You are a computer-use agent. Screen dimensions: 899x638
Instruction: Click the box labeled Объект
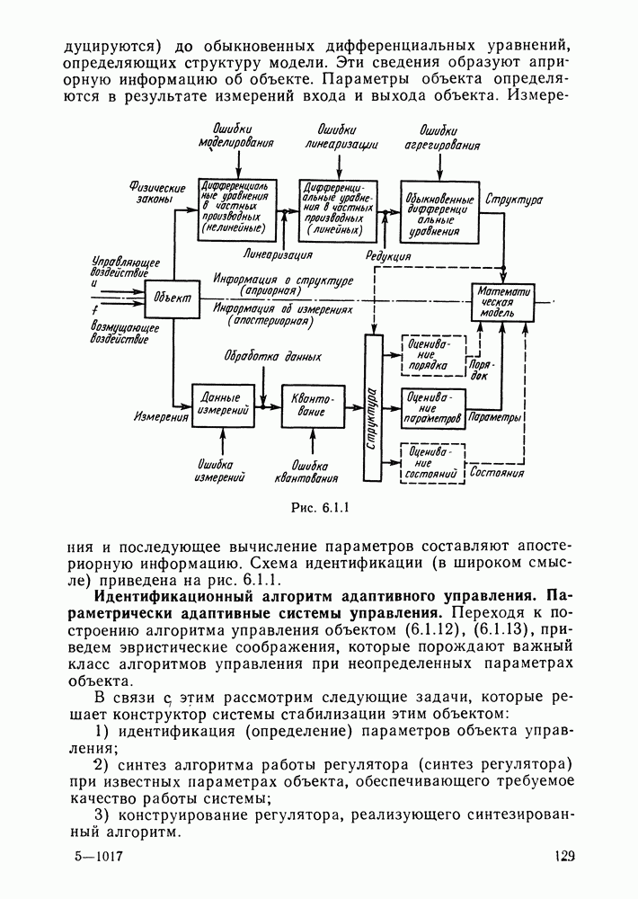[x=171, y=298]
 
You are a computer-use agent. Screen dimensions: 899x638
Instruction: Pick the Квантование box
[x=314, y=407]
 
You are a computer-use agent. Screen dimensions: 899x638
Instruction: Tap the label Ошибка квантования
[x=307, y=470]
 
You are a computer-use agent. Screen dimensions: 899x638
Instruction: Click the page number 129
[x=563, y=857]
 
